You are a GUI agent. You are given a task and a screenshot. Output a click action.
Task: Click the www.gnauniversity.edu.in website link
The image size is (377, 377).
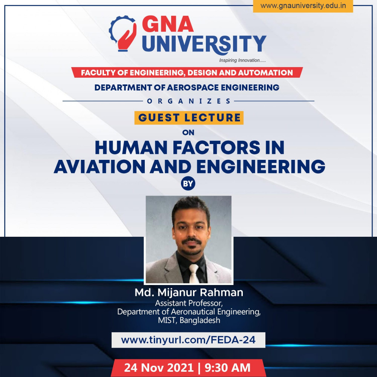303,6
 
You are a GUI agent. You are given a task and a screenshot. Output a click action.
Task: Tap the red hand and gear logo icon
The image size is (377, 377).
123,33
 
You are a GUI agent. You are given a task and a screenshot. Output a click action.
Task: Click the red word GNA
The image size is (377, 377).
168,24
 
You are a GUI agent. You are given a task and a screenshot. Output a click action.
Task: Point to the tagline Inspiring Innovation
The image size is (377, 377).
242,60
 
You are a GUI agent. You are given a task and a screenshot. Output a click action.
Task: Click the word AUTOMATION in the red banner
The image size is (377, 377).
265,73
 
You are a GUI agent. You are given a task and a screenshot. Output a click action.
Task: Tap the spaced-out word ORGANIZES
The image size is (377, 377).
188,101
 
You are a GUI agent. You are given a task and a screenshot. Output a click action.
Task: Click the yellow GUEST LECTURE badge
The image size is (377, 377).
189,118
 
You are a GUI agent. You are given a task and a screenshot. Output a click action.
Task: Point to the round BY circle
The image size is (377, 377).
188,184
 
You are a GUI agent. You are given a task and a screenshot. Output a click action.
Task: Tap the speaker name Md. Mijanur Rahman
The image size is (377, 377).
189,293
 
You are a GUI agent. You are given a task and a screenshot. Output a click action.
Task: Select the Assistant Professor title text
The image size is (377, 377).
189,303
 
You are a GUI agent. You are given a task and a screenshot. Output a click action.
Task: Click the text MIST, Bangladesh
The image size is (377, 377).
189,320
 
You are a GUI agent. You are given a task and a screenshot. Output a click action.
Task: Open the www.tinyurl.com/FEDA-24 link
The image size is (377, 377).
188,340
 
